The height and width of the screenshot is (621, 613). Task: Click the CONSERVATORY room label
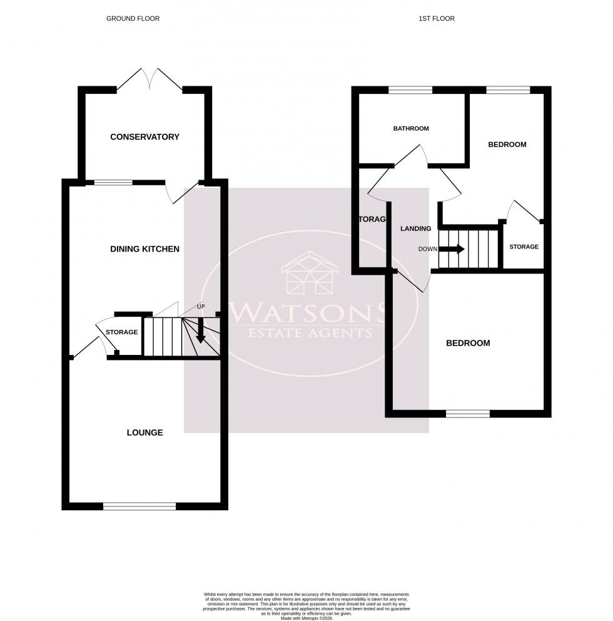[144, 137]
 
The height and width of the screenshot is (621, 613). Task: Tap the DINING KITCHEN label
[144, 249]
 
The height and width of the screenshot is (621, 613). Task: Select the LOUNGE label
[144, 433]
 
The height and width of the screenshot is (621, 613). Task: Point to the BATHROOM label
[411, 129]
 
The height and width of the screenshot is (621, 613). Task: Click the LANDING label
[416, 228]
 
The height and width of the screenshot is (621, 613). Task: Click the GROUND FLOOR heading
[133, 19]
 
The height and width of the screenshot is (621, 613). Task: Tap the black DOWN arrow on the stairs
[452, 249]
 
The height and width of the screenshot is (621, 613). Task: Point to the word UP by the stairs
[201, 307]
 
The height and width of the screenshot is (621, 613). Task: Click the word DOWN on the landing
[428, 249]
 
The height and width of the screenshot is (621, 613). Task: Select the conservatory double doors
[149, 79]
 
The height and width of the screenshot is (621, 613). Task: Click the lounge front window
[139, 506]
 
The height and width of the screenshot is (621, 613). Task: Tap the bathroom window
[410, 90]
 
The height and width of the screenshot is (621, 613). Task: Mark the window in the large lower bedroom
[468, 413]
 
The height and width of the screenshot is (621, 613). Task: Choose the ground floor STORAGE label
[121, 332]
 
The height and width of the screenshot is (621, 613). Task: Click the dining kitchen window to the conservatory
[113, 183]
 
